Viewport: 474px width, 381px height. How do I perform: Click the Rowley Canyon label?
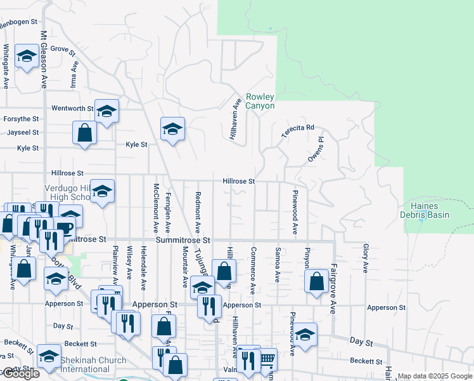[x=260, y=101]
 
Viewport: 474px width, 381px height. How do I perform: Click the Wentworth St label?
[x=72, y=109]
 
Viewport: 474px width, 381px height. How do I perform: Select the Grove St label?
[x=63, y=48]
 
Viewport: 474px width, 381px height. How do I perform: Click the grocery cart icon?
[x=267, y=359]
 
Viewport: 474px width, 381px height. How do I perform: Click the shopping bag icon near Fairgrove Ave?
[x=316, y=280]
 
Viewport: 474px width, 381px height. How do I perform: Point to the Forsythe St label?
[x=20, y=119]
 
